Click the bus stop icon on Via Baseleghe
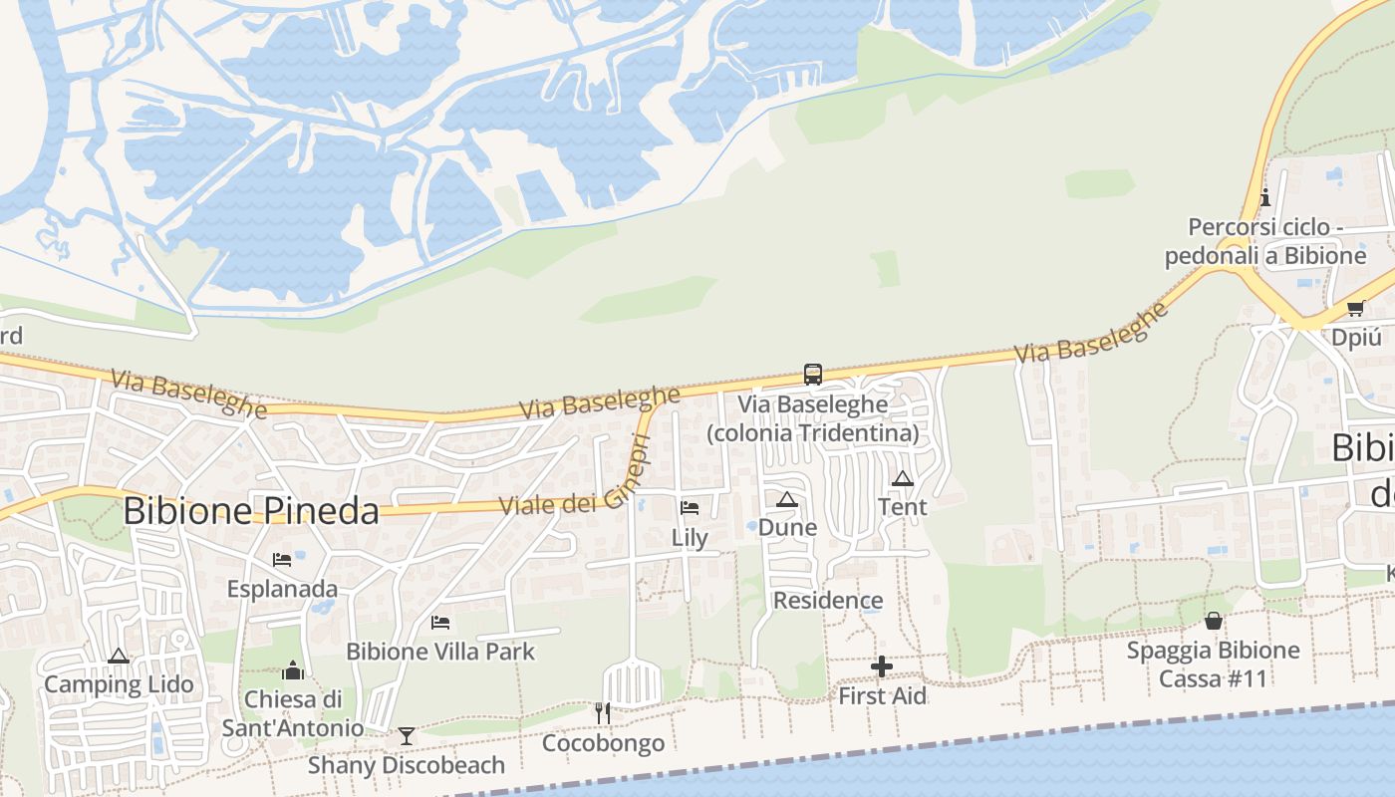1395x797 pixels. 813,375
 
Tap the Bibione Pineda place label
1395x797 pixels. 251,511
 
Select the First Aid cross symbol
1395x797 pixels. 882,666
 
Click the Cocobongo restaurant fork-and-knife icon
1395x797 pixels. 603,712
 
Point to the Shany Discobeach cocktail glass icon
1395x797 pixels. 406,736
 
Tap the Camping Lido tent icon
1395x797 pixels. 119,656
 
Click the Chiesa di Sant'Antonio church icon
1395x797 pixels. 293,669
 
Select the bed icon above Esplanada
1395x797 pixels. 282,560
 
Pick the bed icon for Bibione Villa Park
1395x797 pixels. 440,623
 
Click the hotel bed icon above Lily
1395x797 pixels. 690,508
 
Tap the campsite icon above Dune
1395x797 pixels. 787,498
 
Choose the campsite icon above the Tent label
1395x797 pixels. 903,478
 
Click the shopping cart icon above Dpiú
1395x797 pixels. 1355,308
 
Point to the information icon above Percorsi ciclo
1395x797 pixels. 1265,197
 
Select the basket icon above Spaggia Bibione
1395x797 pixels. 1214,621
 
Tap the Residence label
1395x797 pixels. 828,600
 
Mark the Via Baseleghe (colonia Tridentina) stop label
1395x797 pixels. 813,419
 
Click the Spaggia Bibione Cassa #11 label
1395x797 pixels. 1213,664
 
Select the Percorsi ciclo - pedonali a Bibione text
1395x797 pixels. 1265,242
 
